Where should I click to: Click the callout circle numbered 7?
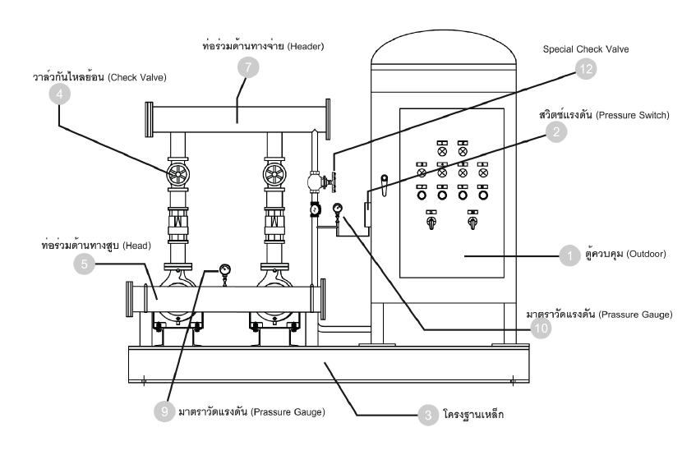(247, 67)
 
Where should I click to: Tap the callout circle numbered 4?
(59, 94)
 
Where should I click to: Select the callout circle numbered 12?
(586, 69)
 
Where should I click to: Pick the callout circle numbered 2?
(556, 131)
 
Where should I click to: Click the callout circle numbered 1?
(569, 255)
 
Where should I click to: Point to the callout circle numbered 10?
(541, 329)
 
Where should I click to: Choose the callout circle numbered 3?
(428, 415)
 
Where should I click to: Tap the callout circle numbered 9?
(164, 411)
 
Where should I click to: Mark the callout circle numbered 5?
(85, 264)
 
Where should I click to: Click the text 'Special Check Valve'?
(585, 49)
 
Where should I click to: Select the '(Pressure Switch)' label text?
(633, 115)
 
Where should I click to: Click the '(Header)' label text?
(306, 46)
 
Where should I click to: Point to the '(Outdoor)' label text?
(646, 254)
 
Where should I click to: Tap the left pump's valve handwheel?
(178, 175)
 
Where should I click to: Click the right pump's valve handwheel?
(274, 175)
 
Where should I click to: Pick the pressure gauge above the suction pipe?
(224, 270)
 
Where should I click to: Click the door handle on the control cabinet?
(385, 185)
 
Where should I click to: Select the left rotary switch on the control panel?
(431, 221)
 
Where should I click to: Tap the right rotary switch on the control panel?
(472, 221)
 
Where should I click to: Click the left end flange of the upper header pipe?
(150, 119)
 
